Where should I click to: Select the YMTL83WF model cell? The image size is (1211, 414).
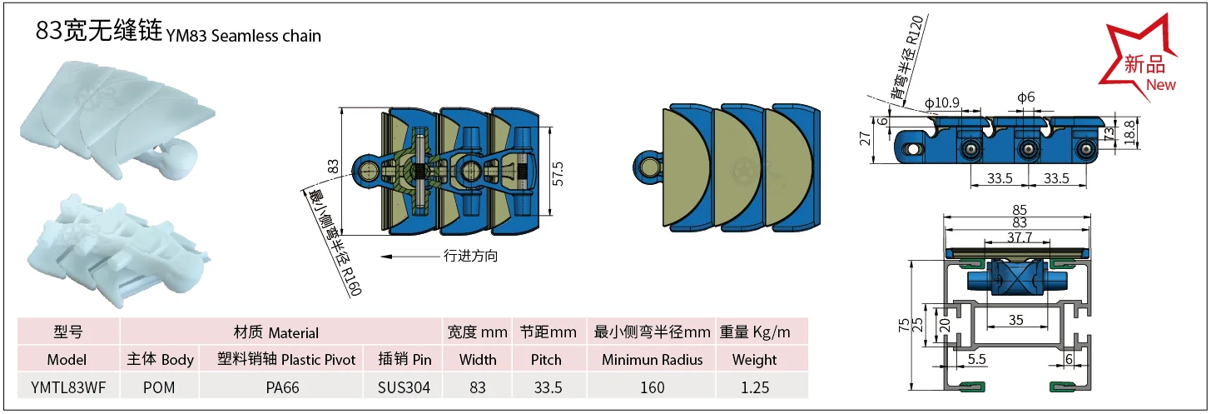pyautogui.click(x=67, y=387)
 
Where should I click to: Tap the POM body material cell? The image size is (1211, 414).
pyautogui.click(x=160, y=387)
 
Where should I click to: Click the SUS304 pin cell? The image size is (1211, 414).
pyautogui.click(x=403, y=387)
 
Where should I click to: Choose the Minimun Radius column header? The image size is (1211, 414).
pyautogui.click(x=653, y=360)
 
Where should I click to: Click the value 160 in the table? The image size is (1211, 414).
pyautogui.click(x=653, y=387)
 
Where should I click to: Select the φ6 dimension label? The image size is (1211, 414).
pyautogui.click(x=1025, y=97)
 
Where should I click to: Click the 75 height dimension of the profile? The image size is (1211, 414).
pyautogui.click(x=904, y=325)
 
